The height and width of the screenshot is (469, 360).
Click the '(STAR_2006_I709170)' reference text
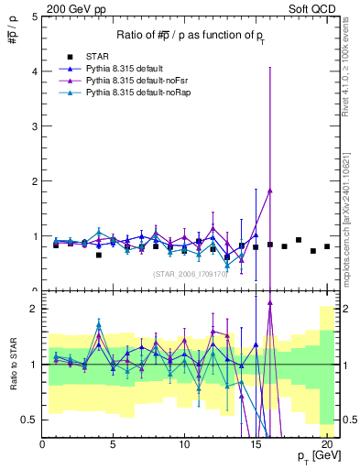(191, 273)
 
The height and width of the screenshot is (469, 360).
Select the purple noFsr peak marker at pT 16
(270, 190)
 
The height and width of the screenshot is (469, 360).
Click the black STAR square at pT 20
(327, 246)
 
